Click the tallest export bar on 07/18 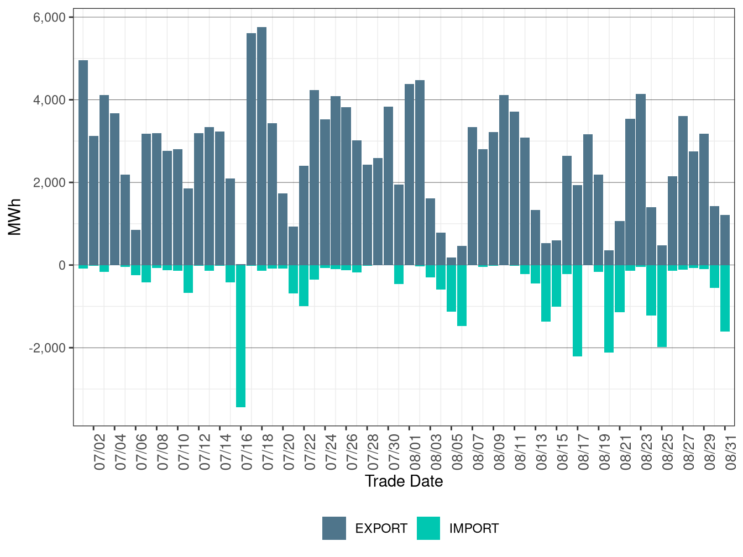click(261, 146)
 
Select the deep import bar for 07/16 click(240, 336)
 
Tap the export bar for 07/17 click(251, 149)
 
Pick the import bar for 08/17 click(577, 311)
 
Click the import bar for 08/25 click(661, 306)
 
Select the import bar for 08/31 click(725, 298)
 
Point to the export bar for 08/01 click(409, 175)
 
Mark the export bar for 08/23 click(640, 180)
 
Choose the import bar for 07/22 click(304, 286)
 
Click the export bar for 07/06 click(135, 248)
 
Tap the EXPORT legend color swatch click(334, 528)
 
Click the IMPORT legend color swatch click(428, 528)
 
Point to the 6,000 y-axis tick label click(49, 17)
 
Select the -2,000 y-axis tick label click(47, 348)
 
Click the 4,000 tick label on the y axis click(49, 100)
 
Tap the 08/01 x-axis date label click(415, 452)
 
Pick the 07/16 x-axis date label click(247, 452)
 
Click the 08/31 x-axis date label click(730, 452)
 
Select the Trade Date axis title click(404, 481)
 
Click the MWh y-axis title click(14, 217)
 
